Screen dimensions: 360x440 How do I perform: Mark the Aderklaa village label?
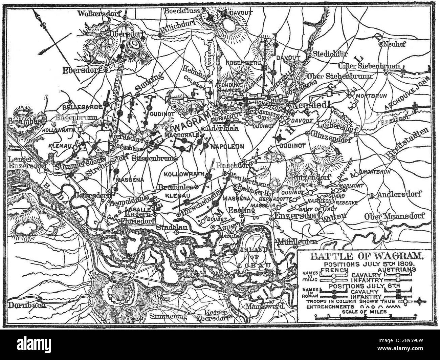coord(220,129)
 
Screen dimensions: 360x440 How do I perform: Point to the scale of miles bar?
coord(365,317)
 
